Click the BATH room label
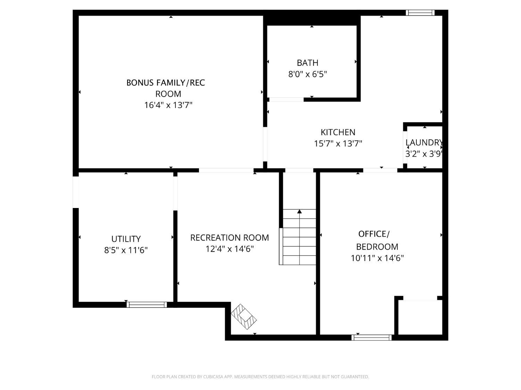tap(307, 63)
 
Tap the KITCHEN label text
tap(338, 132)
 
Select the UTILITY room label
tap(126, 239)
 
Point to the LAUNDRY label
tap(424, 142)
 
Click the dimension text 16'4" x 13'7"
tap(168, 105)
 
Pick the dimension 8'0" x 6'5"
tap(307, 74)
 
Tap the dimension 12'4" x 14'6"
tap(230, 249)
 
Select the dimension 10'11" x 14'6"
tap(377, 258)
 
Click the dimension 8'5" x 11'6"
tap(126, 250)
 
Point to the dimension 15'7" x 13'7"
tap(338, 144)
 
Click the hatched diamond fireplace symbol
tap(244, 317)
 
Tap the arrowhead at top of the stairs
tap(299, 211)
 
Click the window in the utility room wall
tap(147, 304)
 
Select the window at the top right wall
tap(420, 12)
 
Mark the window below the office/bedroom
tap(371, 337)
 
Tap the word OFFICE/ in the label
tap(374, 234)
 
